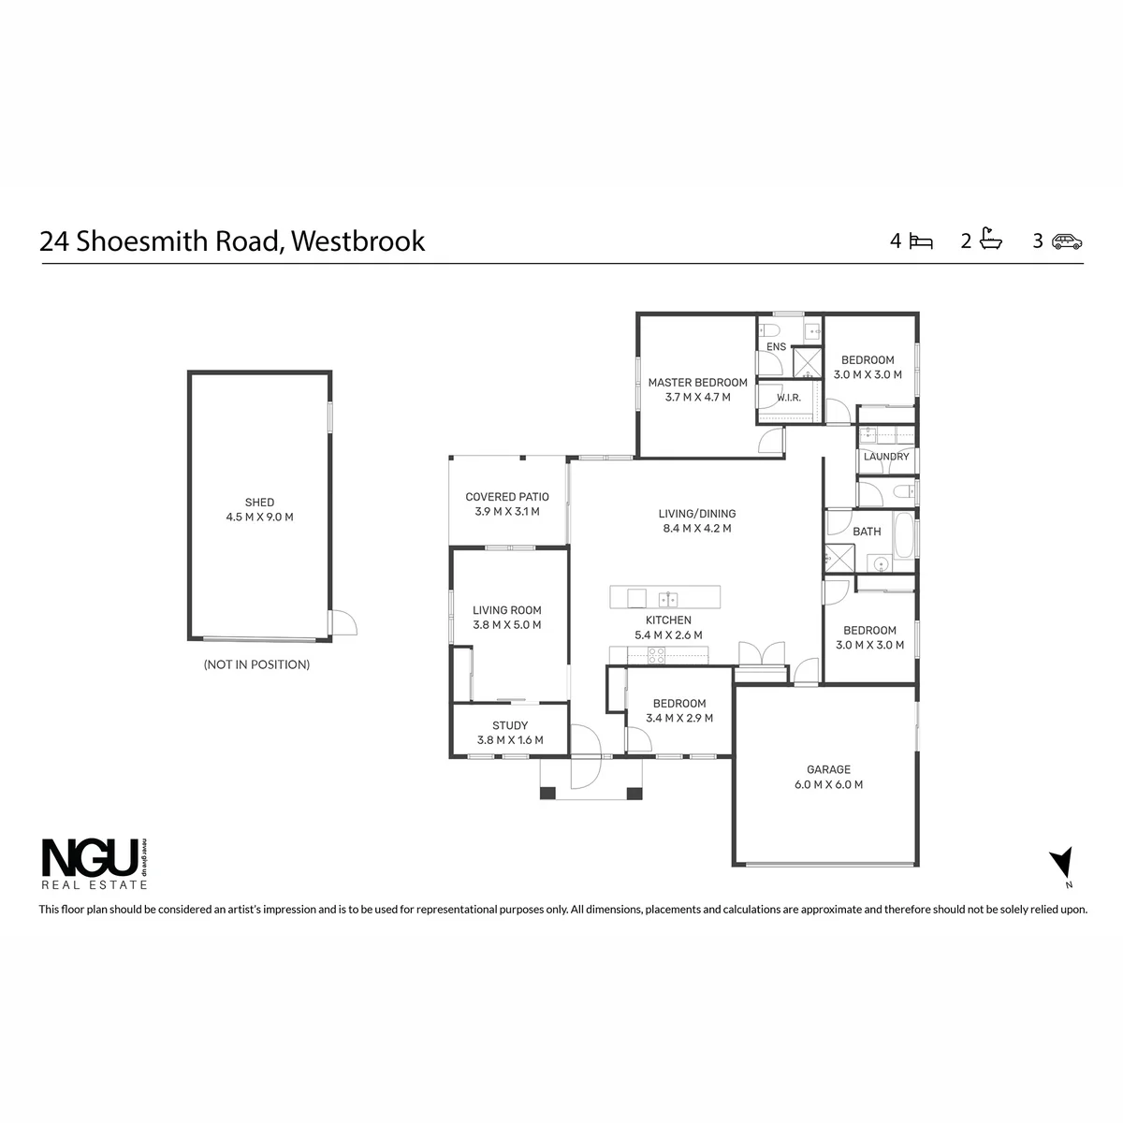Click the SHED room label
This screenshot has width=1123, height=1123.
pyautogui.click(x=259, y=502)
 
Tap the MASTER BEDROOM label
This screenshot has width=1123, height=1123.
pyautogui.click(x=697, y=383)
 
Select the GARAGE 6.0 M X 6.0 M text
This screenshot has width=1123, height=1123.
pyautogui.click(x=828, y=777)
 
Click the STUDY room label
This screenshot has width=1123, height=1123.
pyautogui.click(x=510, y=725)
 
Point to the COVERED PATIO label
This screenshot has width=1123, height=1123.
pyautogui.click(x=507, y=497)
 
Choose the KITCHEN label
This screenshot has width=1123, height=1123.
pyautogui.click(x=668, y=620)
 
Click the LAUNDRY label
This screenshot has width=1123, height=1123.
pyautogui.click(x=886, y=457)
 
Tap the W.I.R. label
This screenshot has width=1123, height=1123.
pyautogui.click(x=789, y=398)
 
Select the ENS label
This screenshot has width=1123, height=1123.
pyautogui.click(x=776, y=347)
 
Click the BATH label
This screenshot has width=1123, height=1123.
pyautogui.click(x=866, y=531)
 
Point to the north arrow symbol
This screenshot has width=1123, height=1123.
pyautogui.click(x=1063, y=862)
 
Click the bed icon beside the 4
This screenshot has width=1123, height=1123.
pyautogui.click(x=921, y=241)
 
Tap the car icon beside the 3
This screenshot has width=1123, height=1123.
pyautogui.click(x=1067, y=241)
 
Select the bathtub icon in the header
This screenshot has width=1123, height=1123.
pyautogui.click(x=990, y=239)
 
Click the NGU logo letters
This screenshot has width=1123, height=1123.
pyautogui.click(x=91, y=856)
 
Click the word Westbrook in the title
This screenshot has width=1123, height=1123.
pyautogui.click(x=357, y=241)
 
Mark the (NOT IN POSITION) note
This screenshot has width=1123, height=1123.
pyautogui.click(x=256, y=664)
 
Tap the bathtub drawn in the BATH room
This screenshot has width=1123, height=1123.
pyautogui.click(x=903, y=535)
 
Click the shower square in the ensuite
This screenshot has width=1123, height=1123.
pyautogui.click(x=808, y=362)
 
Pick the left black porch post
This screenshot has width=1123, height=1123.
pyautogui.click(x=547, y=793)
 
